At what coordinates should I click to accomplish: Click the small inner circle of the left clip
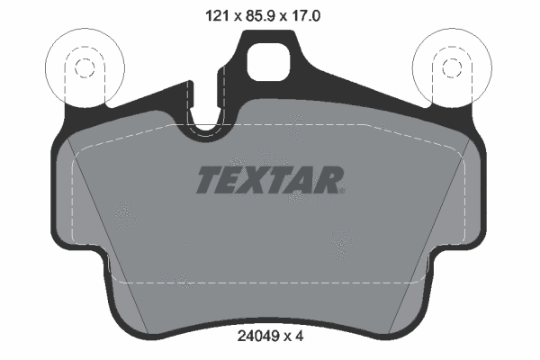click(84, 67)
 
